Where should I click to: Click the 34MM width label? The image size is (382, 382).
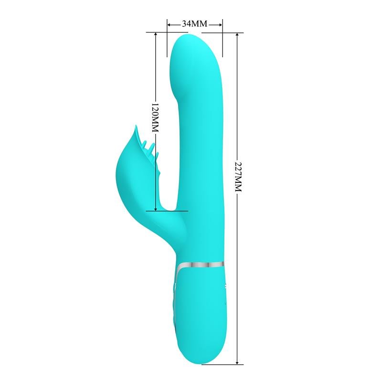(x=195, y=23)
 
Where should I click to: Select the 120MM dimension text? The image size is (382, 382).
(x=155, y=118)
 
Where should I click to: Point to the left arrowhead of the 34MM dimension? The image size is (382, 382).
(x=169, y=23)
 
